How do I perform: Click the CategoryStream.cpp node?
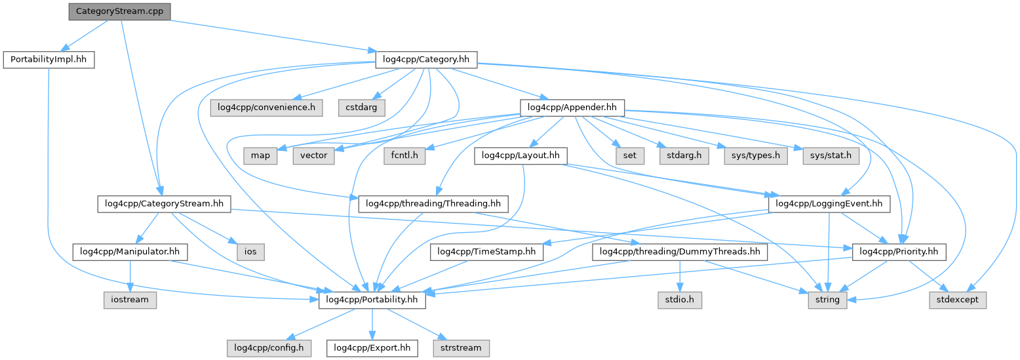coord(119,11)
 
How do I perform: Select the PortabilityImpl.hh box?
coord(49,60)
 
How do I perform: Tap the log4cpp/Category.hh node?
coord(425,60)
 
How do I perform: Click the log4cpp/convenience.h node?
coord(267,107)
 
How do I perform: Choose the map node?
coord(260,155)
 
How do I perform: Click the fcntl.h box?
coord(405,155)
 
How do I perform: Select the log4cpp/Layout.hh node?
coord(520,155)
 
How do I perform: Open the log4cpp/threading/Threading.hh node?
coord(433,204)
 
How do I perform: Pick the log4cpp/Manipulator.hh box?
coord(130,251)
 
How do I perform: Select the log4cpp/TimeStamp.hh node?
coord(486,251)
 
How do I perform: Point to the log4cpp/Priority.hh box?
coord(898,251)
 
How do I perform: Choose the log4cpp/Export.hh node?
coord(372,348)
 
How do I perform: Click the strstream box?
coord(460,348)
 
